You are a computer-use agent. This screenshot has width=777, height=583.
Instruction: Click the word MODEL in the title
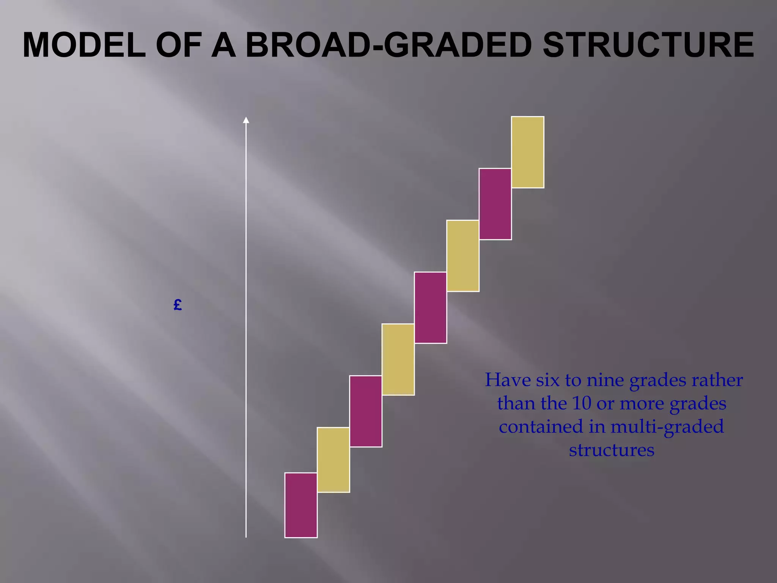click(84, 45)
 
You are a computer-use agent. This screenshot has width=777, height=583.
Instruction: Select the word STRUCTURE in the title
click(648, 45)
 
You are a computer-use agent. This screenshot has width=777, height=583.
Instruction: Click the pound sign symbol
click(178, 305)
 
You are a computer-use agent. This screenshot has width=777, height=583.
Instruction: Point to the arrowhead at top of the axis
click(246, 120)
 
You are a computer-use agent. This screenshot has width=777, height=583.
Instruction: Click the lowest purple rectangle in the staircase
click(301, 505)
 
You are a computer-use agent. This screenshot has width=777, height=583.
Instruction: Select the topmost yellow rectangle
click(527, 152)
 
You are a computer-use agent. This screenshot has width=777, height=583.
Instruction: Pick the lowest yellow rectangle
click(333, 460)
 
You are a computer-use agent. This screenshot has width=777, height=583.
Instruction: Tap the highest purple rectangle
click(495, 204)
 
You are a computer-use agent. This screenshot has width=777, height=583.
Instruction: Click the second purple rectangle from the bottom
click(365, 411)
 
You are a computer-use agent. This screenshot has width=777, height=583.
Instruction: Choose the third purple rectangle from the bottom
click(430, 307)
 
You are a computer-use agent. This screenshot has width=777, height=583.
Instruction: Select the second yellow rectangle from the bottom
click(398, 359)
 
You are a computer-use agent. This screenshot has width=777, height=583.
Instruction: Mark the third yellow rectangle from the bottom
click(463, 256)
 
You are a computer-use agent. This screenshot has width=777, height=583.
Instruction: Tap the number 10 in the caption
click(582, 403)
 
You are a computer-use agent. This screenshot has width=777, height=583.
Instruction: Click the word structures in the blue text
click(612, 450)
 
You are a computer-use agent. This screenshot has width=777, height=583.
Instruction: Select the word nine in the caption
click(606, 380)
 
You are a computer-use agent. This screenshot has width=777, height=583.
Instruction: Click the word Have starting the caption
click(508, 380)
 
